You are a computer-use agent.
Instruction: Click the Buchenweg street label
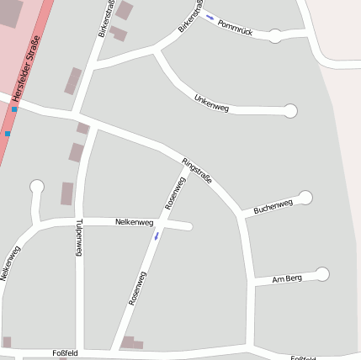[x=273, y=205]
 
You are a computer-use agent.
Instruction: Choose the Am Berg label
[x=289, y=278]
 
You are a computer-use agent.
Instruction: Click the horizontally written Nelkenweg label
[x=134, y=222]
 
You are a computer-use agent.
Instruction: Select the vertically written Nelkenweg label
[x=9, y=262]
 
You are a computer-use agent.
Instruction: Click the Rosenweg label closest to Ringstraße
[x=176, y=193]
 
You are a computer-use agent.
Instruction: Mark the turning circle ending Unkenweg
[x=291, y=110]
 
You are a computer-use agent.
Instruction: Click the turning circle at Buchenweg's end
[x=305, y=198]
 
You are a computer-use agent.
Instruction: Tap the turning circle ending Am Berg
[x=322, y=273]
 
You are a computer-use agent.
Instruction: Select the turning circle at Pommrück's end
[x=275, y=35]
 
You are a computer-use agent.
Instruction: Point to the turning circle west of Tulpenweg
[x=36, y=186]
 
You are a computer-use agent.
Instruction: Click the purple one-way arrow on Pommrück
[x=210, y=17]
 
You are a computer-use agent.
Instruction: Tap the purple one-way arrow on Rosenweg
[x=156, y=236]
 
